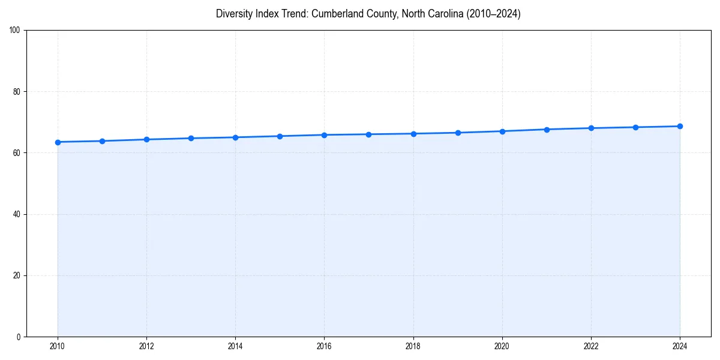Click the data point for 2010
click(x=58, y=142)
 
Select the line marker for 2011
click(x=102, y=141)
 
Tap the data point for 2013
click(x=191, y=138)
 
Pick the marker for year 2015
click(x=280, y=136)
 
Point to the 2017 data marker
click(x=368, y=134)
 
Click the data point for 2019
click(x=458, y=133)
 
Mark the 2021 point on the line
click(x=547, y=130)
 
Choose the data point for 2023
click(x=635, y=127)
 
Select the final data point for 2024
click(x=680, y=126)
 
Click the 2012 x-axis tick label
click(x=146, y=346)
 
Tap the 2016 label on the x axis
click(x=324, y=346)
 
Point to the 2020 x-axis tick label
click(x=502, y=346)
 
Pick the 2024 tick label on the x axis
click(x=680, y=346)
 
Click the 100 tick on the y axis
click(x=16, y=31)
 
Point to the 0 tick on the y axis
click(x=19, y=337)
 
